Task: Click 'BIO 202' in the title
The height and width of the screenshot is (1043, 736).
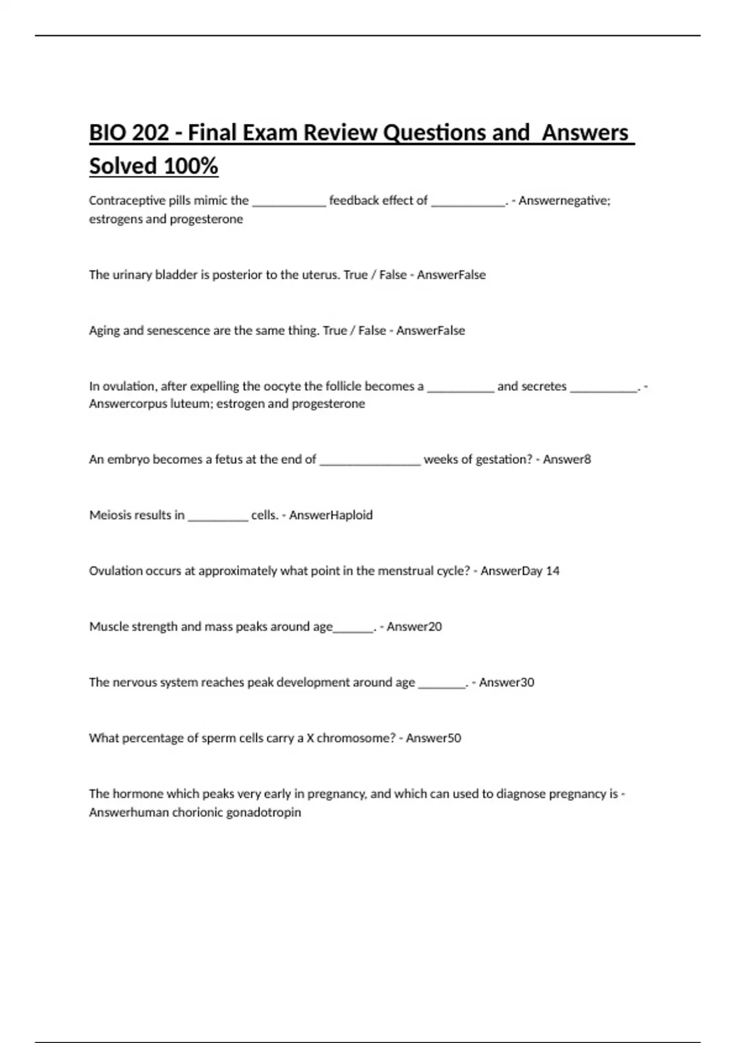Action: point(129,133)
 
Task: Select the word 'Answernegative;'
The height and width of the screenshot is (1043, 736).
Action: point(564,201)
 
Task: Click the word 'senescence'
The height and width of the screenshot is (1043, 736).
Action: point(178,331)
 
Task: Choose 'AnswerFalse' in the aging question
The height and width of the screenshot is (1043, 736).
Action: point(431,331)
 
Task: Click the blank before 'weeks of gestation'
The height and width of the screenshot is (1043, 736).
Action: point(370,460)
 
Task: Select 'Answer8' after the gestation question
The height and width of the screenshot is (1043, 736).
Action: point(567,460)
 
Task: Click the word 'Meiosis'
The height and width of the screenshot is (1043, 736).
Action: point(110,515)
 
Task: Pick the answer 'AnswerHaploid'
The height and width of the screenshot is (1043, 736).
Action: point(331,515)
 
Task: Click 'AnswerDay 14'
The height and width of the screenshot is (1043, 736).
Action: point(520,571)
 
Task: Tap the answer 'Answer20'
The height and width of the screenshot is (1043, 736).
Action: point(414,626)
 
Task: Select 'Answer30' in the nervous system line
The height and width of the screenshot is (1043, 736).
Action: point(507,682)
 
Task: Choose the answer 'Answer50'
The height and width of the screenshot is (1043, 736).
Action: point(434,738)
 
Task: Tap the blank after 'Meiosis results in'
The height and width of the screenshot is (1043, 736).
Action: point(218,515)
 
